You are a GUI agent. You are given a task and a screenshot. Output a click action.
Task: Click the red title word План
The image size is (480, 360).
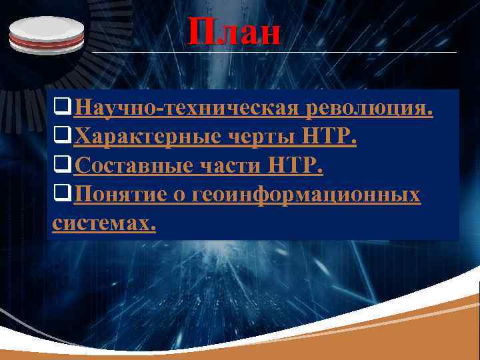(x=234, y=31)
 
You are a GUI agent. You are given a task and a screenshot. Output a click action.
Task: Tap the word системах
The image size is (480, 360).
(x=103, y=224)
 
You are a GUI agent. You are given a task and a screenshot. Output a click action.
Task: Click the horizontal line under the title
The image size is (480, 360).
(x=273, y=51)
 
